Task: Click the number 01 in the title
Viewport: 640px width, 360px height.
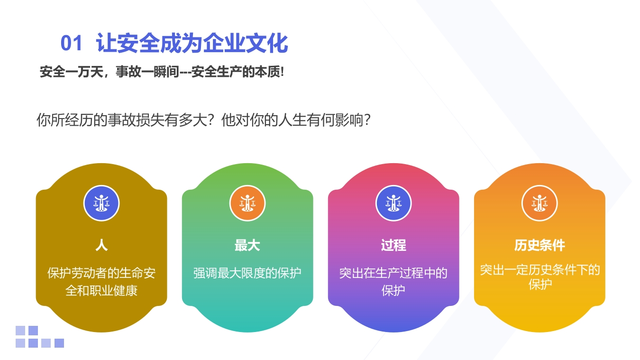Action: point(72,43)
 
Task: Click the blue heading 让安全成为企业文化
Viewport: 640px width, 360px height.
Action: point(192,43)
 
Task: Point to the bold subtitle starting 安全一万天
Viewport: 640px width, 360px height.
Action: point(162,72)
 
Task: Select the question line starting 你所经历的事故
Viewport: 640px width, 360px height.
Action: point(203,120)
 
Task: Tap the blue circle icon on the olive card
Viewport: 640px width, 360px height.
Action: point(101,203)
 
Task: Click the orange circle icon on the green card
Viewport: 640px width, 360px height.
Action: point(247,203)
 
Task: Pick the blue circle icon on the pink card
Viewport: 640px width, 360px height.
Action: point(393,203)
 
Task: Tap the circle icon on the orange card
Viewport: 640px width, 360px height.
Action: point(539,203)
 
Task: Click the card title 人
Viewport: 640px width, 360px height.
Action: point(101,245)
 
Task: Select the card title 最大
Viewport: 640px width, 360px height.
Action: point(247,245)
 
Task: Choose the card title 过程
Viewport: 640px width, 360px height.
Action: point(393,245)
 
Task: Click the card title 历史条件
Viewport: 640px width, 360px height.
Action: point(539,245)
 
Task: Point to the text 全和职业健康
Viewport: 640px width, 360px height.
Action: point(101,291)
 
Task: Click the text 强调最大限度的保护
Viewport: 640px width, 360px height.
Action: point(247,273)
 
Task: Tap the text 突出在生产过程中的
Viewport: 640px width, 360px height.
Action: point(393,273)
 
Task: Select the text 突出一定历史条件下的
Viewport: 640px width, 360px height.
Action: point(539,270)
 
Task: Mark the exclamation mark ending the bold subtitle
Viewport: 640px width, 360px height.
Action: point(282,72)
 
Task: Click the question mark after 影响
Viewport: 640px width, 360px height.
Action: point(367,120)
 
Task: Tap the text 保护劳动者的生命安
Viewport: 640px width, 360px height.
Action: point(101,273)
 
